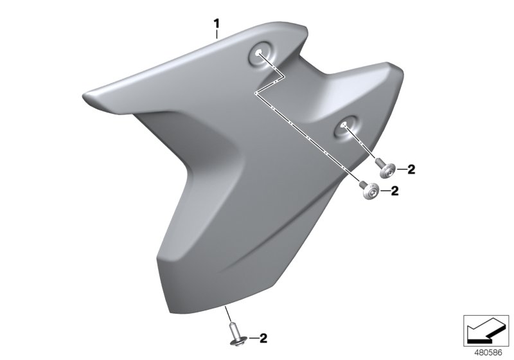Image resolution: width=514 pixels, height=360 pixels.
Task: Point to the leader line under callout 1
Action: [x=217, y=35]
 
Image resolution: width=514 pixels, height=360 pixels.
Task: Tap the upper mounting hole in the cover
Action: [x=259, y=55]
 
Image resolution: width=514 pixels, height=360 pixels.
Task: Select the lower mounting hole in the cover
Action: [x=346, y=125]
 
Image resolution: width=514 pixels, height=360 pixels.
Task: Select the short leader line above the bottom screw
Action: [x=229, y=316]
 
